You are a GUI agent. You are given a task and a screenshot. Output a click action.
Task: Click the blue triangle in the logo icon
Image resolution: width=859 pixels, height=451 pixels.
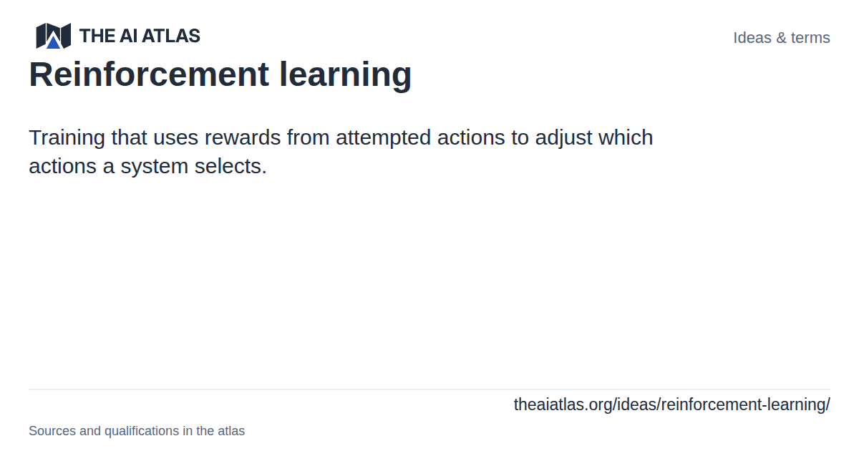[x=53, y=42]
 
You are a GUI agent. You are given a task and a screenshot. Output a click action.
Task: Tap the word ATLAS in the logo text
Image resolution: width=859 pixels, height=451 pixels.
[x=171, y=36]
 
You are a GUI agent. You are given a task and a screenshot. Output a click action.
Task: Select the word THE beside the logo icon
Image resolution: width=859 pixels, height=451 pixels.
[x=97, y=36]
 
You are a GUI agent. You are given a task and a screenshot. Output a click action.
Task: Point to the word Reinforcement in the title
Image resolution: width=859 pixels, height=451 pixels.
[x=149, y=74]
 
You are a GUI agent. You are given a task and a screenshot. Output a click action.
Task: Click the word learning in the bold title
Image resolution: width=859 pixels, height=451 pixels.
[x=346, y=76]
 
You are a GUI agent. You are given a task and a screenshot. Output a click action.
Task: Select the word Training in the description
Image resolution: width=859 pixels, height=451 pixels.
[x=67, y=138]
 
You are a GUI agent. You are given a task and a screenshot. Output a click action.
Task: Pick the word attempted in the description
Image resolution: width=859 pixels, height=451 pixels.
[x=384, y=138]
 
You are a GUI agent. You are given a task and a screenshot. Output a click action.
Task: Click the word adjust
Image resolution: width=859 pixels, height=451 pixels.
[x=563, y=138]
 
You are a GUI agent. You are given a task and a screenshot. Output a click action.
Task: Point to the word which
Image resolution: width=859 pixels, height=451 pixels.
[x=626, y=137]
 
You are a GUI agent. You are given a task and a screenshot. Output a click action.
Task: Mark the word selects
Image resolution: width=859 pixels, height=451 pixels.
[x=230, y=166]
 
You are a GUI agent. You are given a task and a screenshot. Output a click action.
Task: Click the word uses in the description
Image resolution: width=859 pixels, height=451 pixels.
[x=175, y=138]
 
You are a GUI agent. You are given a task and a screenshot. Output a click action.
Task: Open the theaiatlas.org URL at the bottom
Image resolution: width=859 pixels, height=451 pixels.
[x=672, y=405]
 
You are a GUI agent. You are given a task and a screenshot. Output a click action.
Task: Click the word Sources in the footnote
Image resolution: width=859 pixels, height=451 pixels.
[x=52, y=431]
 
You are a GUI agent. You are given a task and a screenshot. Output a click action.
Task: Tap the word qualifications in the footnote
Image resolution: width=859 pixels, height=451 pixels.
[x=142, y=432]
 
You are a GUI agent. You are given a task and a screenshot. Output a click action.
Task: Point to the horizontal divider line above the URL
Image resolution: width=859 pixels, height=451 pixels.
[x=429, y=389]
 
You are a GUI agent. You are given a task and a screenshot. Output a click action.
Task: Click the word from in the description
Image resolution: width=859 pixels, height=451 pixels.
[x=309, y=137]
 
